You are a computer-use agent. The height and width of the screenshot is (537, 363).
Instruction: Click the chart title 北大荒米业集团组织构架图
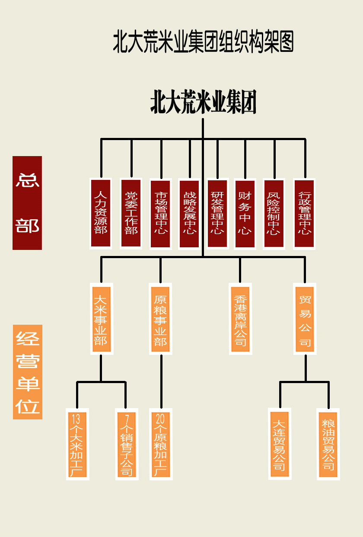tap(203, 42)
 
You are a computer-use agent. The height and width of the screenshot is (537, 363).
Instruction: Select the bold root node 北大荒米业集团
tap(203, 102)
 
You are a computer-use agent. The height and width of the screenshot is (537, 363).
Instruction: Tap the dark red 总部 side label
tap(27, 203)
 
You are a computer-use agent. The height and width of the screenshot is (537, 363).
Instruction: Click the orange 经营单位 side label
tap(28, 372)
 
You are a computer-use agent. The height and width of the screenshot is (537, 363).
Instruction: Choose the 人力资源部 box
tap(101, 213)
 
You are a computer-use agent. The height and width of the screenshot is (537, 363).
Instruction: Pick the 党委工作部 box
tap(131, 213)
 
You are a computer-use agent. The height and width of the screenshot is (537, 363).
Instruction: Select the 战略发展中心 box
tap(189, 214)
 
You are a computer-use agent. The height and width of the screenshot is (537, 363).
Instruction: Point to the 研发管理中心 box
tap(217, 213)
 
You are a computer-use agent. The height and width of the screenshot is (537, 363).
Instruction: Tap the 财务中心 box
tap(245, 213)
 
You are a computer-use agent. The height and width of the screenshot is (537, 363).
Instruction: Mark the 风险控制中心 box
tap(274, 214)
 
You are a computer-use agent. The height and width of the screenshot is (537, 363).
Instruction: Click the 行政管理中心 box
tap(304, 214)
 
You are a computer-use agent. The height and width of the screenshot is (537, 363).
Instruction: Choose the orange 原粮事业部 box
tap(160, 318)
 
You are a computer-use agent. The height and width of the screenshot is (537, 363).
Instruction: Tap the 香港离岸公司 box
tap(240, 319)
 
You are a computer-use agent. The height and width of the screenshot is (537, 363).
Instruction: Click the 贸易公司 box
tap(305, 318)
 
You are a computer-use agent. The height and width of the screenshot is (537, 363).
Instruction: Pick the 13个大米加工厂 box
tap(78, 444)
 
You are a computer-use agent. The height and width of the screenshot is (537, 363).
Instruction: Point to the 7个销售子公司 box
tap(127, 444)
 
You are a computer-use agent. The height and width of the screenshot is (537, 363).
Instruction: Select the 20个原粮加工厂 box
tap(161, 444)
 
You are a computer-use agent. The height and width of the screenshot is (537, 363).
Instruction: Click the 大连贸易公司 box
tap(279, 444)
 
